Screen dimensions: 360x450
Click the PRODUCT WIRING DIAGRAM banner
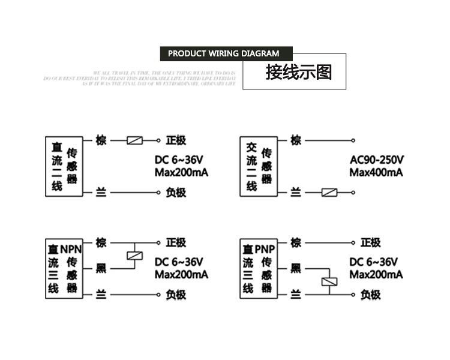(223, 53)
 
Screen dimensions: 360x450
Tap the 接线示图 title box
(295, 72)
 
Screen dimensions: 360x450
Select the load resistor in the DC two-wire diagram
(135, 141)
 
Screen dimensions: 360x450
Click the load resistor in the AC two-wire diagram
(329, 193)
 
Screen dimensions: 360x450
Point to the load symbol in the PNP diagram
(329, 281)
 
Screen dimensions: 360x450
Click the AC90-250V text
(377, 160)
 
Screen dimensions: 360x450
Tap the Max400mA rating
(376, 173)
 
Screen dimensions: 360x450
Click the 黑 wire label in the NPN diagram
(101, 268)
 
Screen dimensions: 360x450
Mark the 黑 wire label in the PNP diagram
(296, 268)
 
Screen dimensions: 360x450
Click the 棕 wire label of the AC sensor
(296, 140)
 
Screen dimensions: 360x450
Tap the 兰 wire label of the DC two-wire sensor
(101, 193)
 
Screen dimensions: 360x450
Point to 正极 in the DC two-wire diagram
(176, 141)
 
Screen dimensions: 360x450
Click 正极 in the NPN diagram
(176, 242)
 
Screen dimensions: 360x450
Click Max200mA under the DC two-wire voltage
(181, 173)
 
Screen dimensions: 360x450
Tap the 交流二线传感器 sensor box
(257, 166)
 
